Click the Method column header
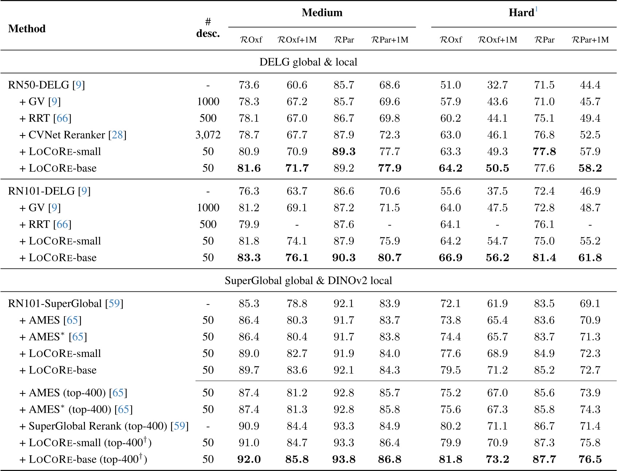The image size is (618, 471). point(27,28)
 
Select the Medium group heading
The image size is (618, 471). point(322,13)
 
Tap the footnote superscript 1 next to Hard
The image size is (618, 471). point(536,9)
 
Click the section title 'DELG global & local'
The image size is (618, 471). point(308,62)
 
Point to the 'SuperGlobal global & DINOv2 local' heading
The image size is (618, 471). point(308,280)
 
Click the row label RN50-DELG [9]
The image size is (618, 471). point(46,85)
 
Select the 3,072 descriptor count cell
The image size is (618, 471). point(208,135)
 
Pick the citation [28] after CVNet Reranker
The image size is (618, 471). point(117,135)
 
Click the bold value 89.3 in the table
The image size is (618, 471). point(344,152)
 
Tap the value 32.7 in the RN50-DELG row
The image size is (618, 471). point(497,85)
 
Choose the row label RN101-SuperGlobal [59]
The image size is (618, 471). point(66,303)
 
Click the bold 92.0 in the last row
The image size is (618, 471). point(249,459)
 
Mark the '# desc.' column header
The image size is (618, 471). point(208,28)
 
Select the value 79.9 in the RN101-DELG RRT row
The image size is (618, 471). point(249,224)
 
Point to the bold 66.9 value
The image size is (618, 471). point(450,258)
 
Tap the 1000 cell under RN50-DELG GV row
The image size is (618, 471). point(208,101)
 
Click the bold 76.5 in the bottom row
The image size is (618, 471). point(590,459)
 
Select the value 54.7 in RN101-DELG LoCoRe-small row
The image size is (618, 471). point(497,241)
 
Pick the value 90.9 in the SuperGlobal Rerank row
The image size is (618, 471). point(249,426)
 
